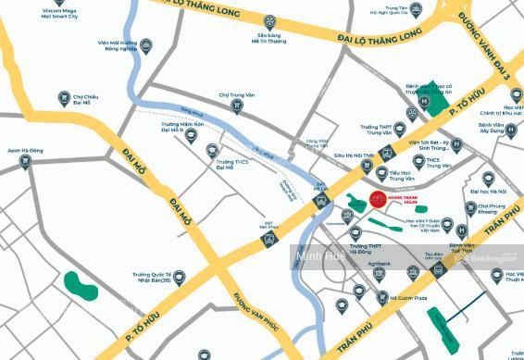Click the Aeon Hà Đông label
click(x=25, y=151)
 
